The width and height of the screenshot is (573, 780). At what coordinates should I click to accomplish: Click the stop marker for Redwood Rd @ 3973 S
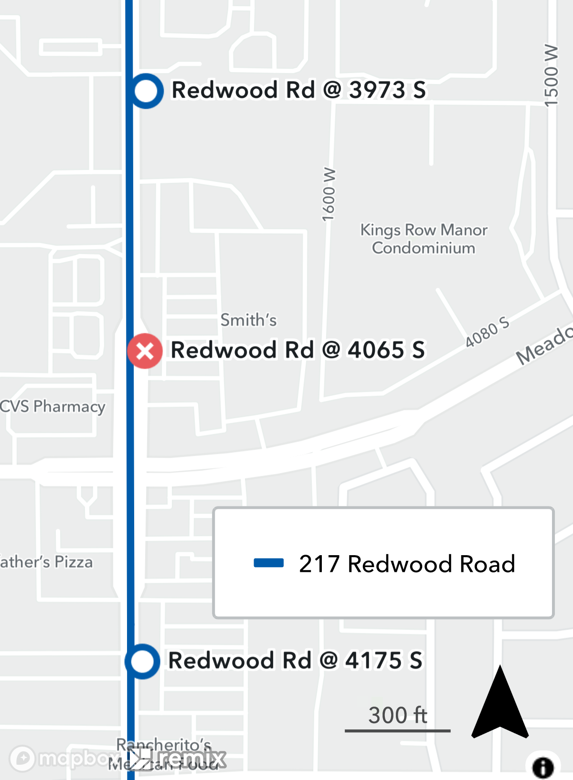click(146, 91)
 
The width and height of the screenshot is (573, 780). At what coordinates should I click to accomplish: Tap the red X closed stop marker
click(145, 351)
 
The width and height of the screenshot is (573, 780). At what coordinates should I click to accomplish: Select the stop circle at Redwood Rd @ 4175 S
click(142, 662)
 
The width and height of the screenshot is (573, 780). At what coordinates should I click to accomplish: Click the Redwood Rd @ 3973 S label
click(298, 90)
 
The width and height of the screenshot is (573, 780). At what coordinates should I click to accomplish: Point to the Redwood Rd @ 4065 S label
click(297, 350)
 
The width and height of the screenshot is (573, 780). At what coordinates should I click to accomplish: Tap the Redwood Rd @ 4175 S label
click(295, 661)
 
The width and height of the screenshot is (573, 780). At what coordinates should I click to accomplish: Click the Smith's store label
click(248, 320)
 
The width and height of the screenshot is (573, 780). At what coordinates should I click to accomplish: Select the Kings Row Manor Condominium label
click(424, 239)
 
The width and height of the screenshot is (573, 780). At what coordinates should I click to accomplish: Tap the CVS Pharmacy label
click(53, 407)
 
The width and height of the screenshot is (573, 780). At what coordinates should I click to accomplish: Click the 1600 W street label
click(329, 194)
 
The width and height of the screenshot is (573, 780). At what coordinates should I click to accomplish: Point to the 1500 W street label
click(551, 75)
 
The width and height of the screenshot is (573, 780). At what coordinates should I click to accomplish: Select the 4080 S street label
click(487, 332)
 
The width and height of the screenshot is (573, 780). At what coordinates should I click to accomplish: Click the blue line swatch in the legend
click(268, 563)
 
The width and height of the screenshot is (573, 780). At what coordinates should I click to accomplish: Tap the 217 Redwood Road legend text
click(407, 564)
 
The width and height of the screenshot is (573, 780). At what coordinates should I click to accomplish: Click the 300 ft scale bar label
click(397, 716)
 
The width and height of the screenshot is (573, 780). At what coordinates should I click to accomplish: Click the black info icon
click(543, 768)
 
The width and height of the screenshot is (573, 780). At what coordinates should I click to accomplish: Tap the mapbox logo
click(62, 758)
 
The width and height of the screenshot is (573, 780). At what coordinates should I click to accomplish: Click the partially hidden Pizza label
click(46, 562)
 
